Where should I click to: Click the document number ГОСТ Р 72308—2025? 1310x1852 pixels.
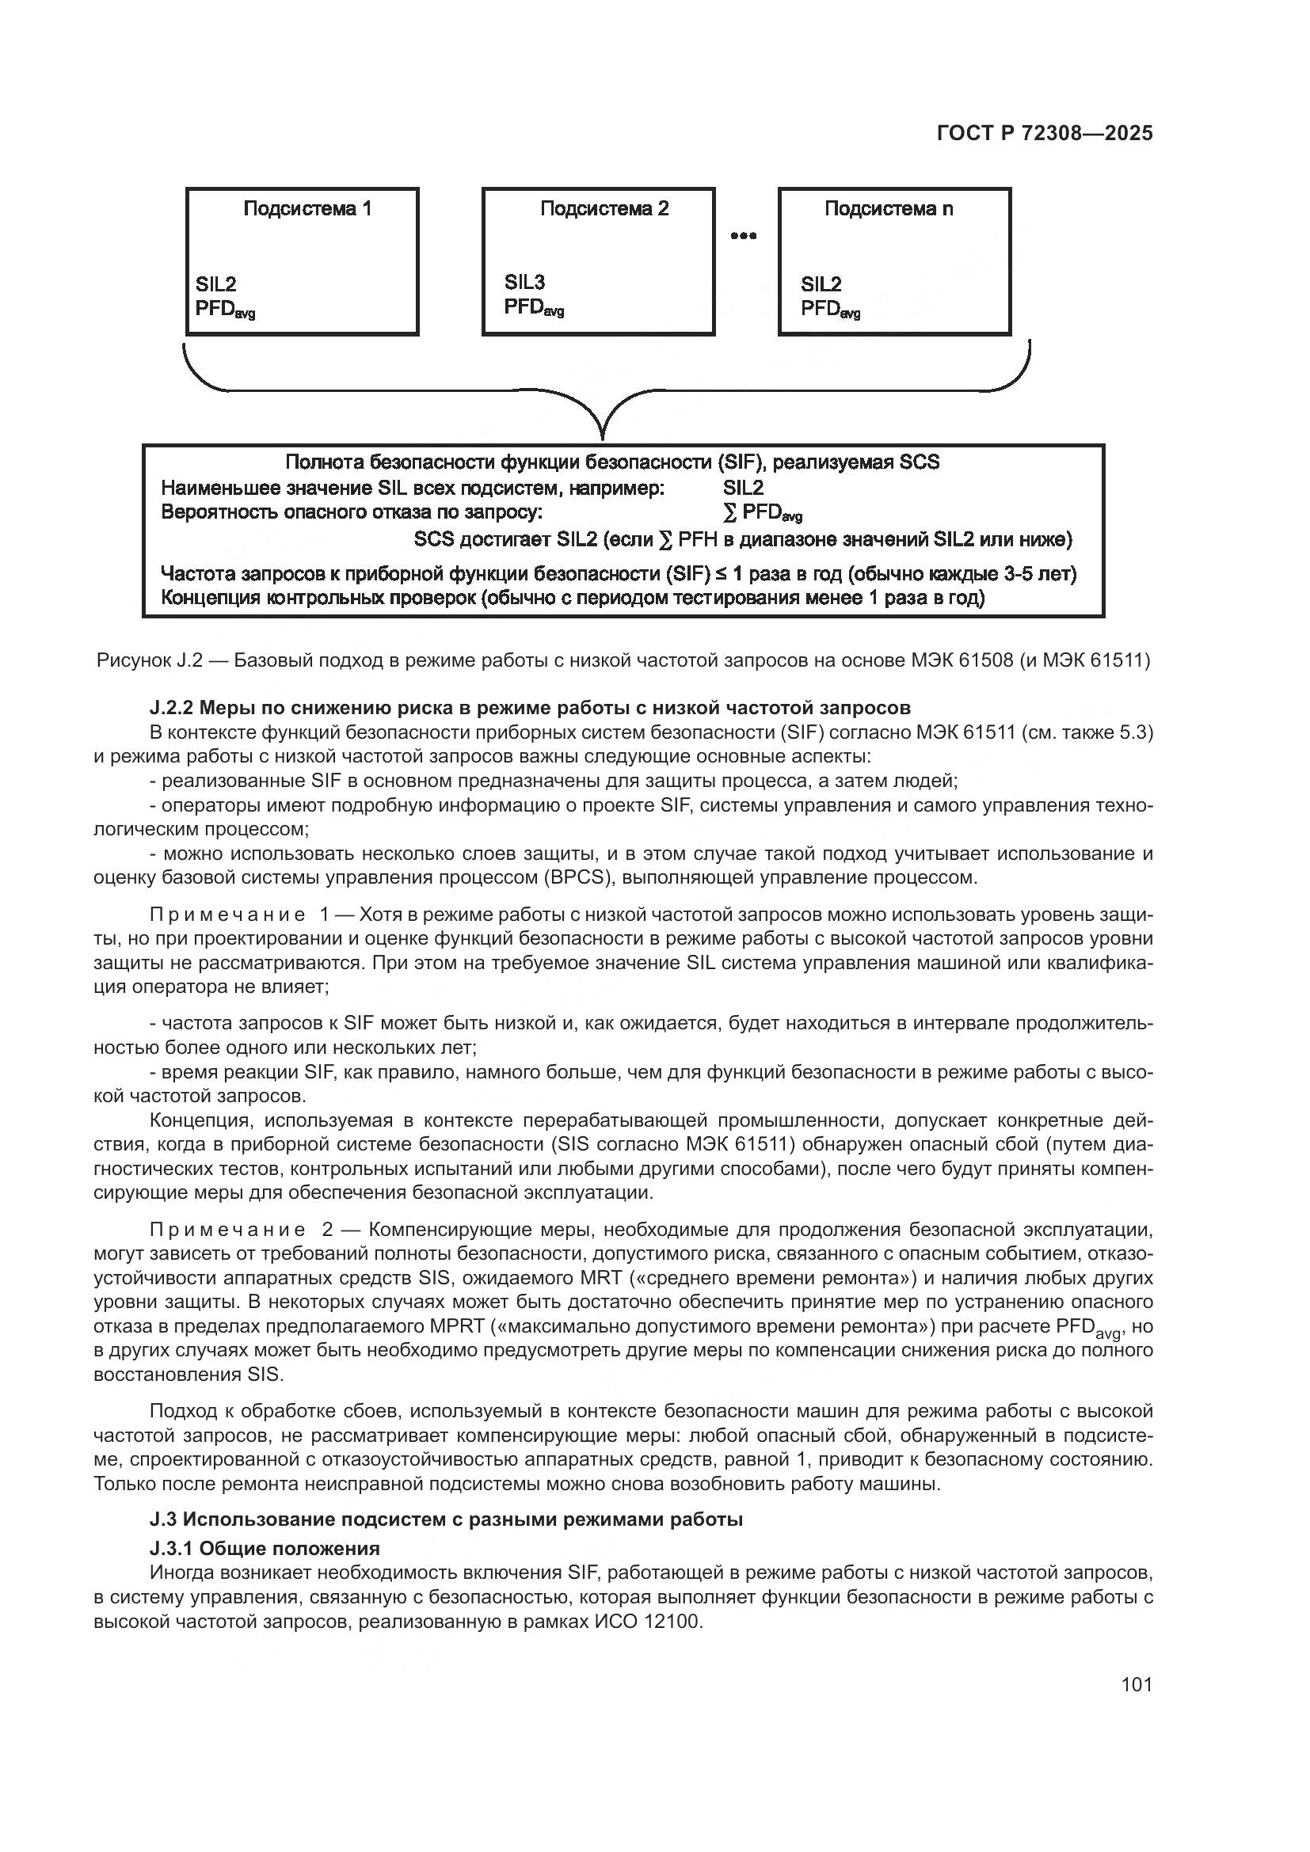click(x=1045, y=134)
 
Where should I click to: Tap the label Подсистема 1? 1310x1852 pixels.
click(x=307, y=209)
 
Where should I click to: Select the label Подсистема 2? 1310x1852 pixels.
click(x=604, y=209)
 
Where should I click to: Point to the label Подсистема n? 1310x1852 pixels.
click(x=888, y=209)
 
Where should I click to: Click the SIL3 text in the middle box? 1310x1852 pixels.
click(x=524, y=282)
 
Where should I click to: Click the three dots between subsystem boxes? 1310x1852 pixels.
click(x=743, y=236)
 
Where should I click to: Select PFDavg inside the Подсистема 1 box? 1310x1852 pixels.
click(x=224, y=309)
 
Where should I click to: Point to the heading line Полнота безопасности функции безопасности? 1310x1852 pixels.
click(x=611, y=462)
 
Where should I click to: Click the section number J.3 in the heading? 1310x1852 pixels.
click(x=162, y=1519)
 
